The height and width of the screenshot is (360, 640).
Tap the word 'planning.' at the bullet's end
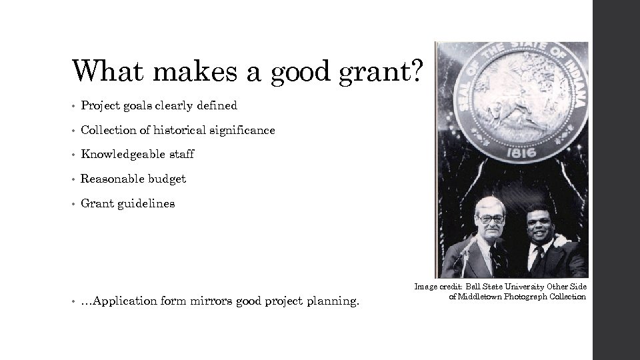[x=333, y=301]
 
